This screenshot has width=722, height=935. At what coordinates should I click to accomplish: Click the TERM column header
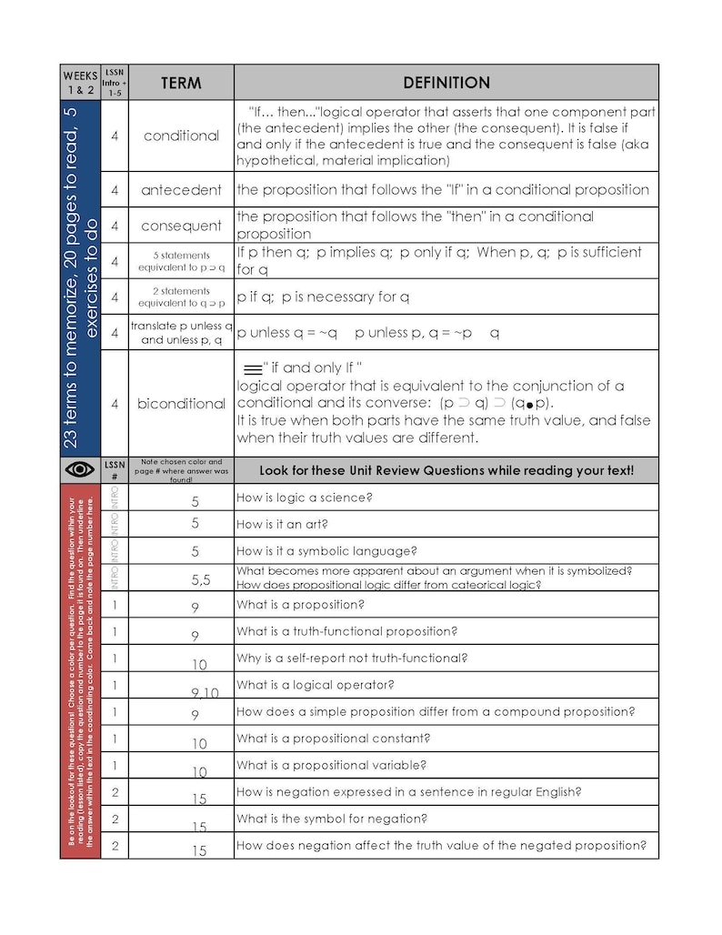point(181,83)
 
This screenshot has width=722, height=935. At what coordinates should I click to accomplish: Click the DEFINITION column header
point(446,83)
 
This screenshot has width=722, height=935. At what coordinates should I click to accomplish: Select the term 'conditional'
point(181,136)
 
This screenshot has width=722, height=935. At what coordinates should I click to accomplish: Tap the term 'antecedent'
point(181,190)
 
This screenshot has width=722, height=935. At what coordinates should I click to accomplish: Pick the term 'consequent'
point(181,226)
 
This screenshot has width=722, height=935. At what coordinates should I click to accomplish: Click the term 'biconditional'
point(181,403)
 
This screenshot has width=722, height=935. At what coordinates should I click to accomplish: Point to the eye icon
point(80,469)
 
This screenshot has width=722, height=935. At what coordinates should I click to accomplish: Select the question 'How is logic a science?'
point(305,498)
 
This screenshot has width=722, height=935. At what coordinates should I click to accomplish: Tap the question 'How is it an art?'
point(282,524)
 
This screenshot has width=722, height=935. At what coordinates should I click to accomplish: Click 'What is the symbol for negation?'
point(332,819)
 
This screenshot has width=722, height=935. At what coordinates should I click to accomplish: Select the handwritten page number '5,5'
point(201,579)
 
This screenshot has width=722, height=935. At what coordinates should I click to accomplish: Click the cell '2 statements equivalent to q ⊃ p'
point(181,297)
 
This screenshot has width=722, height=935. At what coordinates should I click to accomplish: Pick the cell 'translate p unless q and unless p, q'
point(181,332)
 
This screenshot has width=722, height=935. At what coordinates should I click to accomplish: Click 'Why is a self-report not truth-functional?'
point(352,658)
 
